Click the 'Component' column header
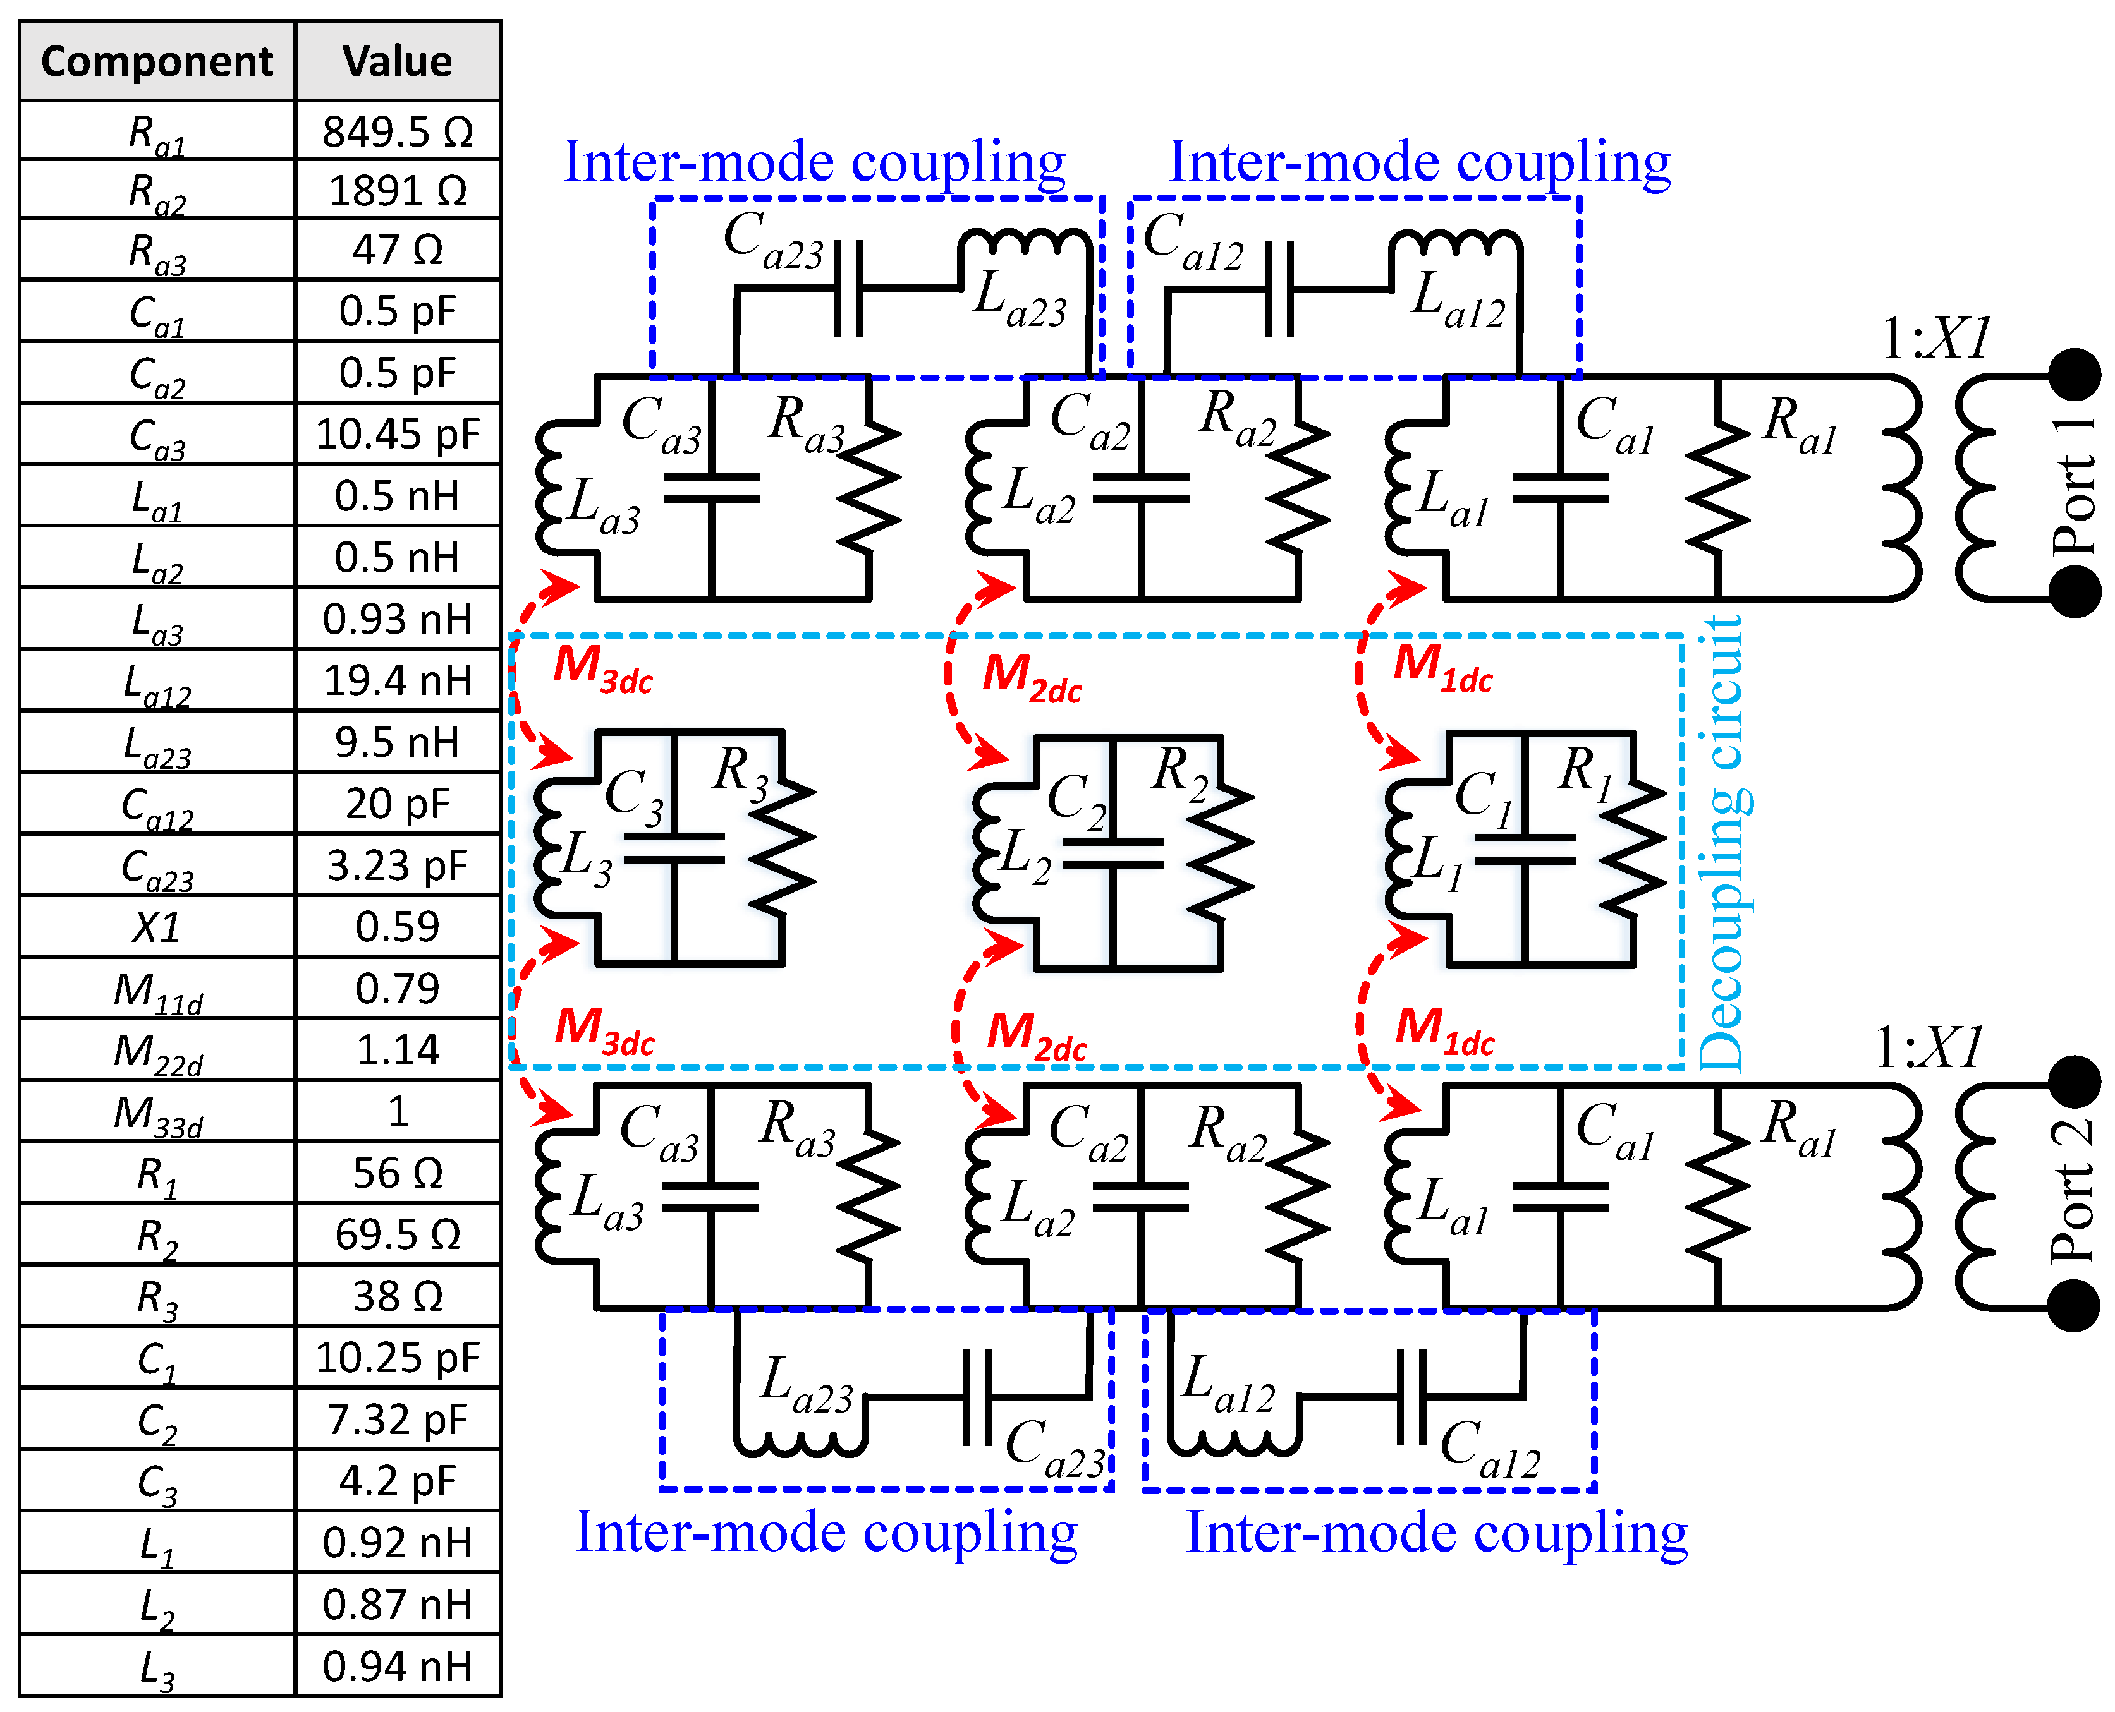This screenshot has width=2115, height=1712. tap(157, 61)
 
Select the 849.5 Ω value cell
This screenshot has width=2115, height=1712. tap(398, 131)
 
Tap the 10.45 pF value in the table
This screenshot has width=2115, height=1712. tap(398, 434)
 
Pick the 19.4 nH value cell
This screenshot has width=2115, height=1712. tap(398, 680)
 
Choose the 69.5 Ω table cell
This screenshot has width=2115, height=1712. tap(398, 1234)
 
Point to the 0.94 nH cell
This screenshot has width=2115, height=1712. tap(398, 1667)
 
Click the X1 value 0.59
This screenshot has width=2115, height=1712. tap(398, 927)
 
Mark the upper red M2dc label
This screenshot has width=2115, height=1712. tap(1032, 678)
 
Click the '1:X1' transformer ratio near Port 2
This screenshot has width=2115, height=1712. tap(1929, 1048)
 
